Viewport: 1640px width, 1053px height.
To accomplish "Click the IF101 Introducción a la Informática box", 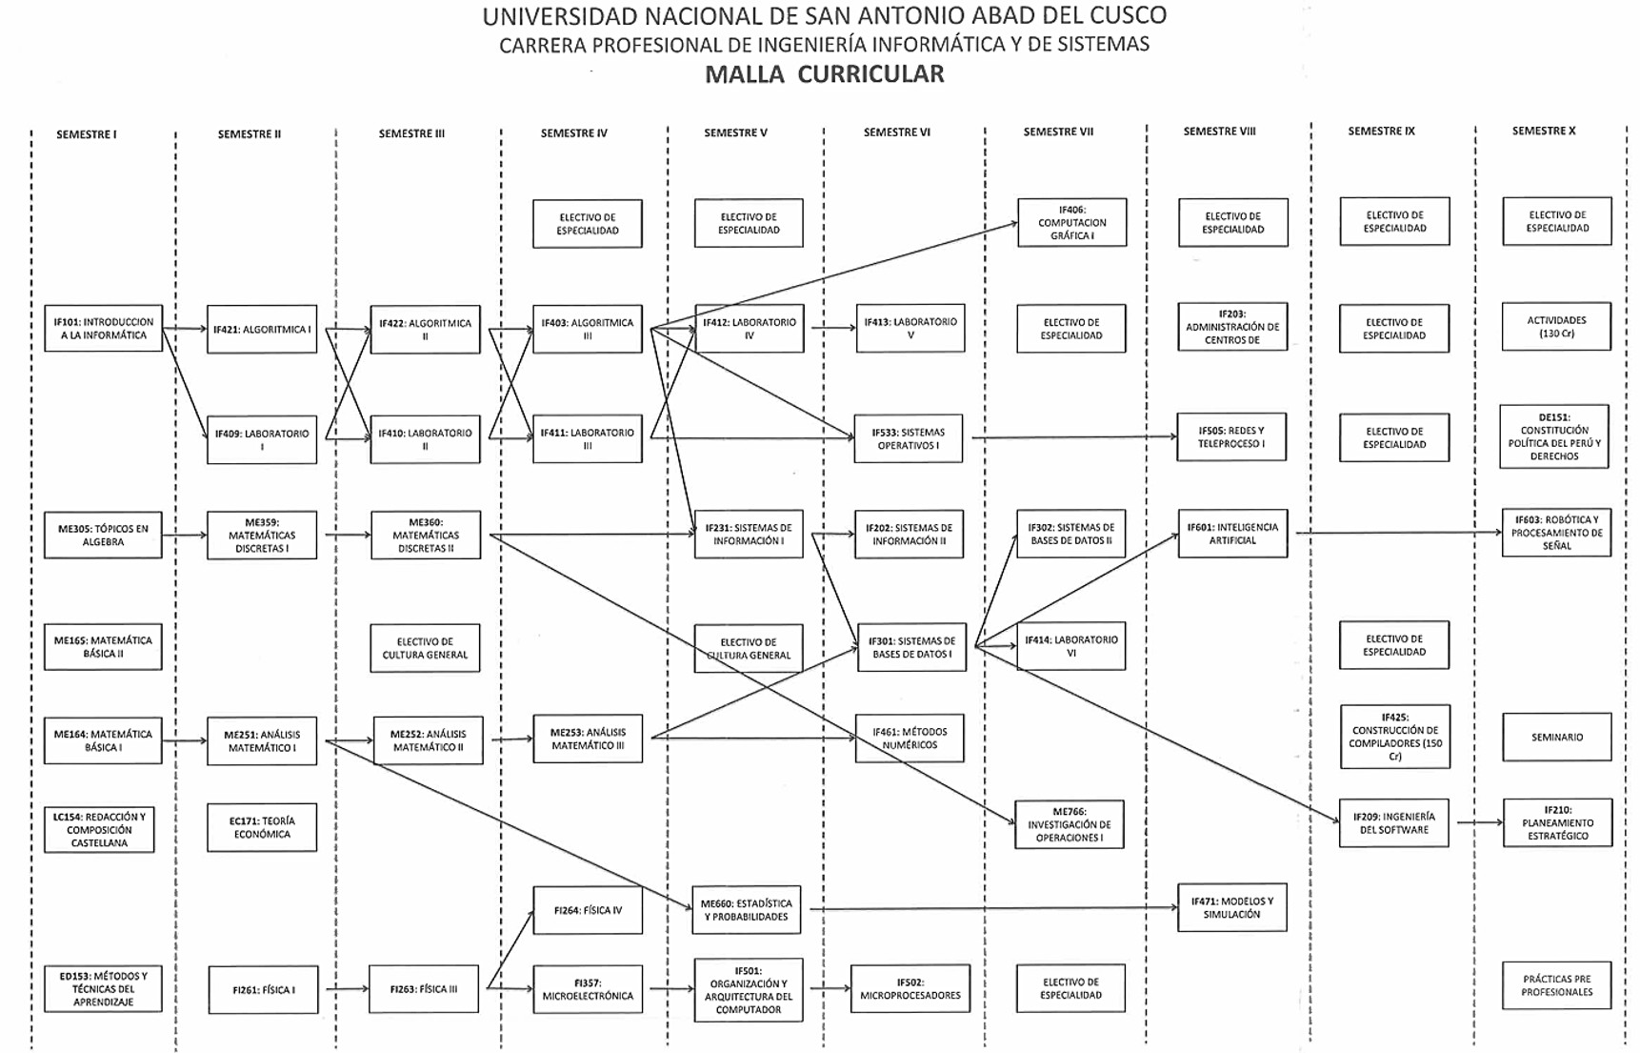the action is (x=103, y=329).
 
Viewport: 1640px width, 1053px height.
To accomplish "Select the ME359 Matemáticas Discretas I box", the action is (x=262, y=535).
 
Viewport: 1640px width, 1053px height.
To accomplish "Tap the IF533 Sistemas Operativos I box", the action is (x=909, y=438).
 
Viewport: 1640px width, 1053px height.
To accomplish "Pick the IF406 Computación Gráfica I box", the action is (x=1071, y=222).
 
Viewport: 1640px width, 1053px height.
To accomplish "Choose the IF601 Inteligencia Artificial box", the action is (x=1232, y=533).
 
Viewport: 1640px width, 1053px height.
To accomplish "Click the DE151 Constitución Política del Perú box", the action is (x=1554, y=436).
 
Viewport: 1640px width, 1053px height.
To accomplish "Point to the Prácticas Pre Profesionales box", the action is (x=1556, y=985).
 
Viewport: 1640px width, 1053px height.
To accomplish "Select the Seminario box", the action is (x=1557, y=737).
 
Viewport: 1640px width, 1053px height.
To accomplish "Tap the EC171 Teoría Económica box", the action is (x=262, y=827).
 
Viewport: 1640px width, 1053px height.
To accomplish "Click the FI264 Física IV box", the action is (x=588, y=910).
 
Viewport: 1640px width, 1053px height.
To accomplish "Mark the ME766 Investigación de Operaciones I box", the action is (x=1070, y=824).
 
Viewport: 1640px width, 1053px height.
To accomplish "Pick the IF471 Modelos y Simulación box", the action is (x=1232, y=907).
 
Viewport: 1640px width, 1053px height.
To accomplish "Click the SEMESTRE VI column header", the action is (x=897, y=132).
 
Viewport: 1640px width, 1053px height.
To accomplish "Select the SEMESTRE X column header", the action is (x=1544, y=131).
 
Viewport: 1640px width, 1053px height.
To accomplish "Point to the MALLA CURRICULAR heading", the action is (x=825, y=74).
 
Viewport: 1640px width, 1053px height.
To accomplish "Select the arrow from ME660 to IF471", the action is (x=993, y=908).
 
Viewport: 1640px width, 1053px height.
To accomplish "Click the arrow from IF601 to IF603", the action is (x=1399, y=533).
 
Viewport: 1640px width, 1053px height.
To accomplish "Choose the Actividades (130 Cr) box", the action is (x=1556, y=327).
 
